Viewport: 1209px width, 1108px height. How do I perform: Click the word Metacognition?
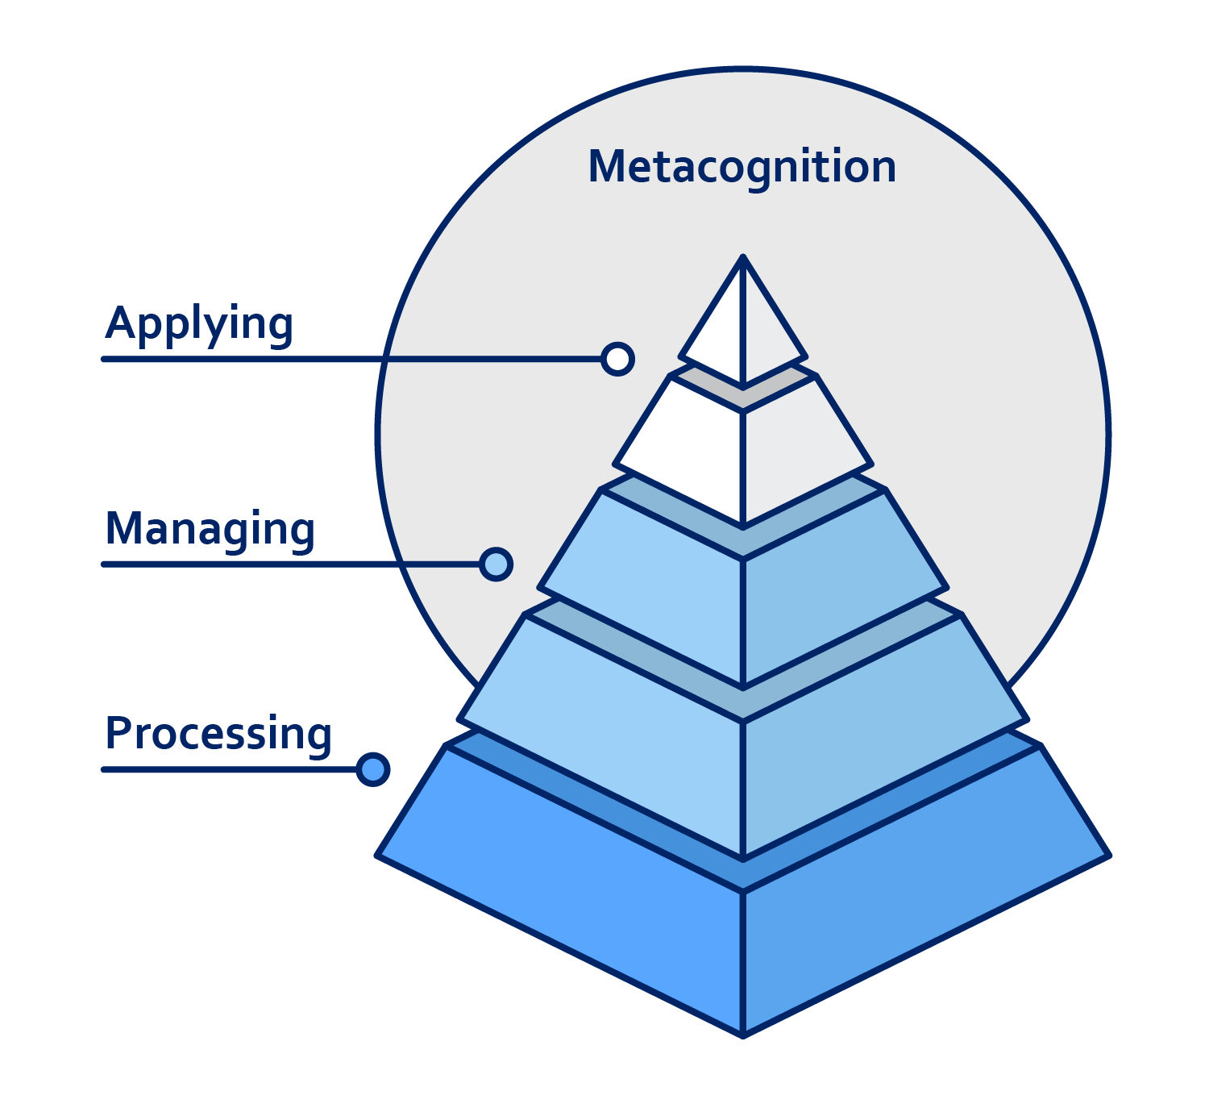point(742,168)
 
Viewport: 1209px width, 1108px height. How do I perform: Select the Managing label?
point(210,530)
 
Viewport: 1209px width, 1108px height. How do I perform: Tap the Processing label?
point(218,734)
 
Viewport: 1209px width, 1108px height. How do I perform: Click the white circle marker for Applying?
point(617,359)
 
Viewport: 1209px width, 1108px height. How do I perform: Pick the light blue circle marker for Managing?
point(496,564)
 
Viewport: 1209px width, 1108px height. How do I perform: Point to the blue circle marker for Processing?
point(372,769)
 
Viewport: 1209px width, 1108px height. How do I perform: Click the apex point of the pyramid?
point(743,256)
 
